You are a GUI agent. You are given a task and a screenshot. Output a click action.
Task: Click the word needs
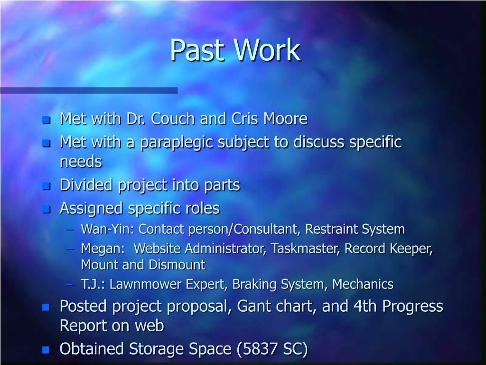(x=81, y=162)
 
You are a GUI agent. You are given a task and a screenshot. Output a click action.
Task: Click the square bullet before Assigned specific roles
(x=46, y=209)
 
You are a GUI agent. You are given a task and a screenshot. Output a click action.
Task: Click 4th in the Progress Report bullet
(x=363, y=307)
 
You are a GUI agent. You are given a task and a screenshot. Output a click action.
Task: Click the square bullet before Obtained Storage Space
(x=46, y=350)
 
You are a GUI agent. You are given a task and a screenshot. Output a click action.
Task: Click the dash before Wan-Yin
(x=70, y=230)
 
